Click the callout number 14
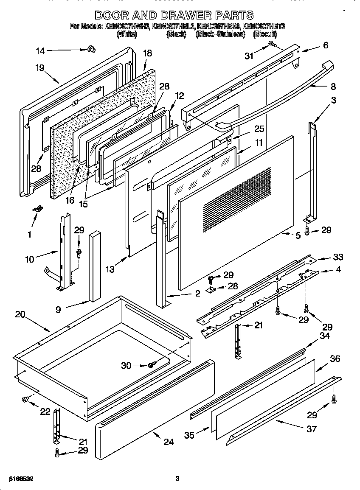(40, 51)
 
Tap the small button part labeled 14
(90, 50)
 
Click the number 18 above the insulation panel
(147, 53)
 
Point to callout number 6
(326, 45)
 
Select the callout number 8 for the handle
(333, 86)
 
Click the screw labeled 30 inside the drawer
(152, 365)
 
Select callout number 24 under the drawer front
(169, 442)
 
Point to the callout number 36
(335, 358)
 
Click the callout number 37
(311, 429)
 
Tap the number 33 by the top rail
(338, 257)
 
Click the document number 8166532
(18, 479)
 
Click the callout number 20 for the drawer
(20, 314)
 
